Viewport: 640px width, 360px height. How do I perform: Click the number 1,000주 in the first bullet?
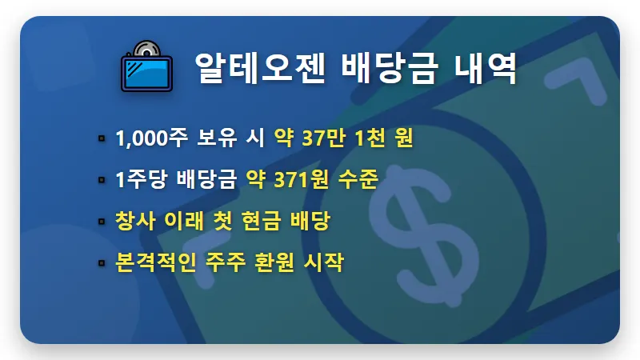[x=151, y=138]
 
